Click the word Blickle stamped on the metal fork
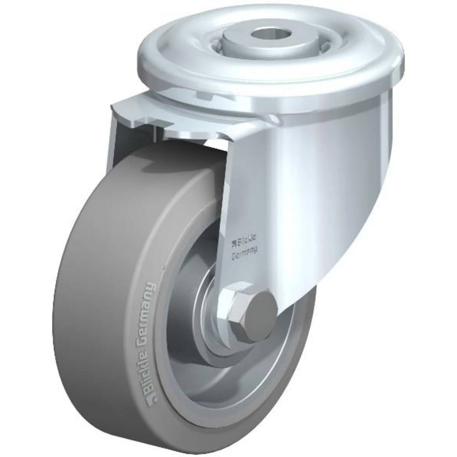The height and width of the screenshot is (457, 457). click(x=247, y=240)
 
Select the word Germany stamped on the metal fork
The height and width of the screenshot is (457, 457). click(x=245, y=251)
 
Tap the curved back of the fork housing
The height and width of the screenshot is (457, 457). click(x=347, y=183)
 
